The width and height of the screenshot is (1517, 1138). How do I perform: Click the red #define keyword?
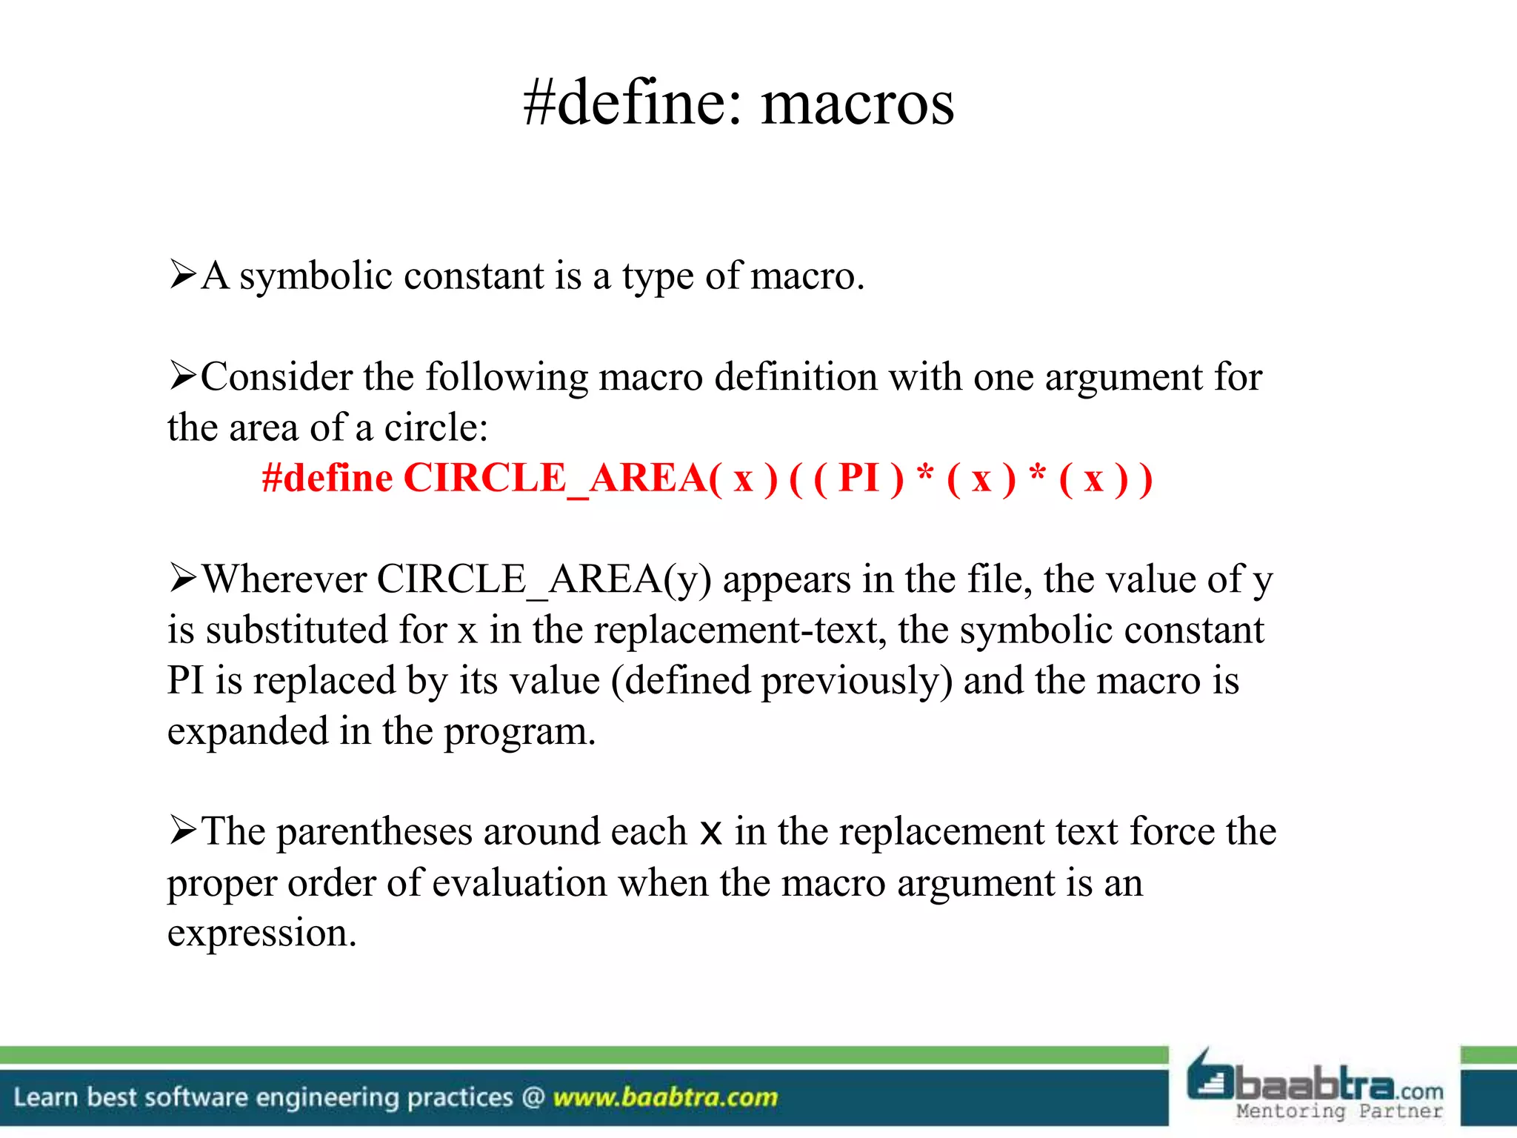coord(327,478)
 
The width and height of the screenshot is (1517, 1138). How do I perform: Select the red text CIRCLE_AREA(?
coord(563,478)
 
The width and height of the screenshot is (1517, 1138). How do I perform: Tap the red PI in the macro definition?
coord(858,478)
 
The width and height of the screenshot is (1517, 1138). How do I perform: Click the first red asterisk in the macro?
coord(925,474)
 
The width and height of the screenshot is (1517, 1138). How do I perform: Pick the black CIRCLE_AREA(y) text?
coord(544,580)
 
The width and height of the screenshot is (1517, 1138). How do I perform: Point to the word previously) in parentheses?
coord(857,682)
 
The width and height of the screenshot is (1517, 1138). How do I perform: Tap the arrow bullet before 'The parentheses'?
coord(182,830)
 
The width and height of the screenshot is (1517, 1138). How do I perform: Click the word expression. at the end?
coord(261,934)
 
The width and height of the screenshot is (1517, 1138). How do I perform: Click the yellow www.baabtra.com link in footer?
coord(665,1097)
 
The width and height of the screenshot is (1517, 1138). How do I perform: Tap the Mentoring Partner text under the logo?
coord(1339,1111)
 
